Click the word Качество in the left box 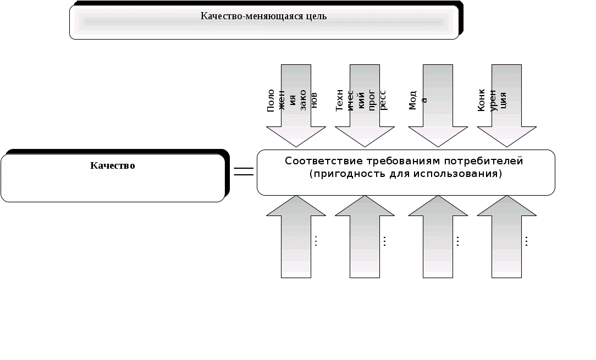[x=113, y=165]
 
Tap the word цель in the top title [x=316, y=16]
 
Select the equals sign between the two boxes [x=244, y=171]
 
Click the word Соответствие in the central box [x=318, y=161]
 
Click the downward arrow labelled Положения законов [x=296, y=104]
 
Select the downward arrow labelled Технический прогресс [x=365, y=104]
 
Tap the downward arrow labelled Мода [x=438, y=104]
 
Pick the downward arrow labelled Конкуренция [x=506, y=104]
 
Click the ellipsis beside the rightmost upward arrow [x=527, y=241]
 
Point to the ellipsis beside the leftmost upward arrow [x=316, y=241]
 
